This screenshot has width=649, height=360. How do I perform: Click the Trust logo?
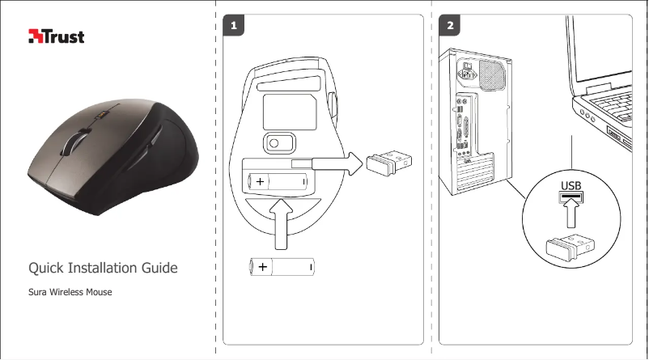pyautogui.click(x=57, y=36)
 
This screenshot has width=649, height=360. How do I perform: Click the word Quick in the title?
pyautogui.click(x=48, y=268)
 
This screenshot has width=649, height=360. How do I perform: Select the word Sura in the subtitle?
pyautogui.click(x=38, y=290)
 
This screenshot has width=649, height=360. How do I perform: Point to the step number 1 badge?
pyautogui.click(x=234, y=26)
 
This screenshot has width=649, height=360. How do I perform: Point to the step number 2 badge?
pyautogui.click(x=451, y=26)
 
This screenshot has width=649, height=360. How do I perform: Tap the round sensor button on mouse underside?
pyautogui.click(x=275, y=142)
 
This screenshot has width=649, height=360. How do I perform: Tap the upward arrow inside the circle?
pyautogui.click(x=571, y=217)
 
